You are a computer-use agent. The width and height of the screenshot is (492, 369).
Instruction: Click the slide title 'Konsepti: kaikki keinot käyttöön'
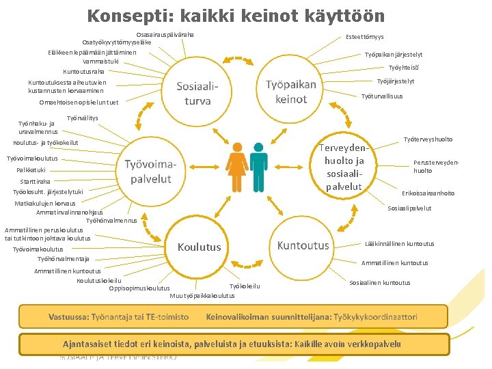236,16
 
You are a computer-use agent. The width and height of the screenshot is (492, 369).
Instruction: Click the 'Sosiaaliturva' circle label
197,94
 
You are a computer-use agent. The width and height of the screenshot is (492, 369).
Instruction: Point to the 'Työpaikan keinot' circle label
291,92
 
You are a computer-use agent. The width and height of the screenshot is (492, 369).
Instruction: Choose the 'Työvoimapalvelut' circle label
156,172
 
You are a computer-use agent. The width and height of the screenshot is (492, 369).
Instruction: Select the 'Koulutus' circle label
200,247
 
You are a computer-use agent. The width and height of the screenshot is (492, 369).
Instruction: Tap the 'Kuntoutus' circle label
303,245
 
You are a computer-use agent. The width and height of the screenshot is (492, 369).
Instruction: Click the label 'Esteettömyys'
365,36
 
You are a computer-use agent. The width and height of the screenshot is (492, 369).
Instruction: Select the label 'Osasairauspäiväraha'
165,34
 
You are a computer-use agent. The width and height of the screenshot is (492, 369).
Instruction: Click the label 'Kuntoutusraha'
84,71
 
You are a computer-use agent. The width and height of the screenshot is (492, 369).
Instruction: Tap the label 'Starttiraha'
36,182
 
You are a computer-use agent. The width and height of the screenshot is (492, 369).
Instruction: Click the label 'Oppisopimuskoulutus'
139,288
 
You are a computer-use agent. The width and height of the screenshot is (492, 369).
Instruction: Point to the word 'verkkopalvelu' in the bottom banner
376,344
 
